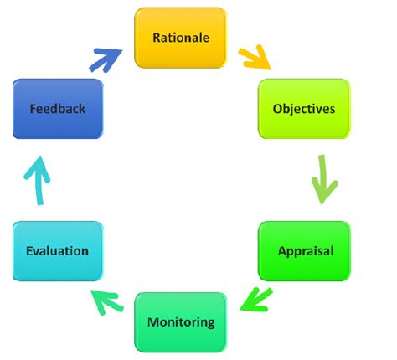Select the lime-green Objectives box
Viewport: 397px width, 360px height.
click(x=303, y=109)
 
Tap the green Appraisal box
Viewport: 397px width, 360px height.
click(x=303, y=250)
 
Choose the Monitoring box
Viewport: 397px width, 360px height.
click(x=180, y=321)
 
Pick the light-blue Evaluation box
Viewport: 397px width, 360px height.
click(x=57, y=250)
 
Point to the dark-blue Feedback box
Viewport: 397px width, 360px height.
click(x=57, y=109)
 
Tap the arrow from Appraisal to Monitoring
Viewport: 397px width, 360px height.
click(x=256, y=298)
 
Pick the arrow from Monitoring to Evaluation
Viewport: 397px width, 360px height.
click(x=107, y=298)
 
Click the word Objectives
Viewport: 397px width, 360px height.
click(x=303, y=109)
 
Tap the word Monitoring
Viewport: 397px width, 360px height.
click(x=180, y=321)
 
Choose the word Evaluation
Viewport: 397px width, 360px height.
click(x=57, y=250)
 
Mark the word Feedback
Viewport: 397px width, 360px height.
click(x=57, y=109)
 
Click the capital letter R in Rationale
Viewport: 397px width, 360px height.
click(x=156, y=38)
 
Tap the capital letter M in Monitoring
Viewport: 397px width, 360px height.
click(x=152, y=321)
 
